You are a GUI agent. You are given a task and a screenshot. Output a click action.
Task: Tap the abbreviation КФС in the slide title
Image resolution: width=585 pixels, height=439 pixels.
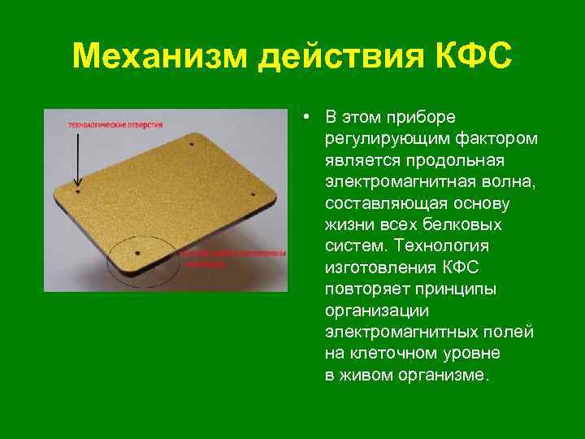point(472,57)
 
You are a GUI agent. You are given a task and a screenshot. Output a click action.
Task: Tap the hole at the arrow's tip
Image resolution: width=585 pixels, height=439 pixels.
point(78,192)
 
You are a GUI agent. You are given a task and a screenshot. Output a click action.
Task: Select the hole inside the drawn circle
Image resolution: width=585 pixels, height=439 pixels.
point(138,253)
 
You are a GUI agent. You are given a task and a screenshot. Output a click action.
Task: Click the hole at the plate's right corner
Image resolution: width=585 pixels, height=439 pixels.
point(254,195)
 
